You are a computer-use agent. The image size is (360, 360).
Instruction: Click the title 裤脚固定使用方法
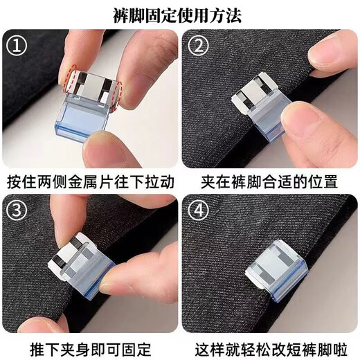pos(180,14)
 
